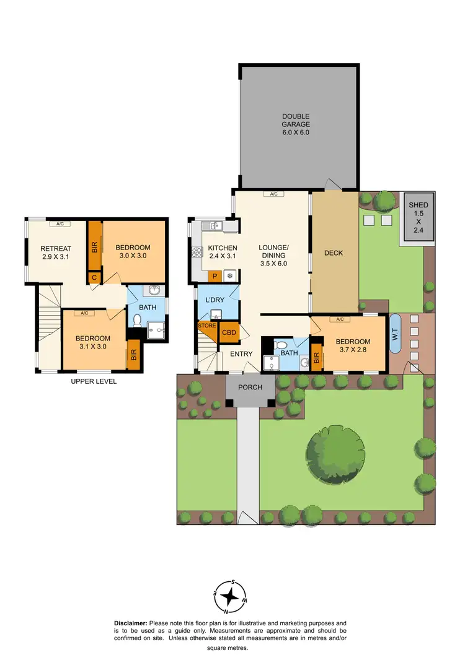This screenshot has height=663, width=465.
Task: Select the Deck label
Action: (x=334, y=253)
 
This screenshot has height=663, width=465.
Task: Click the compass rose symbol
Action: (x=231, y=596)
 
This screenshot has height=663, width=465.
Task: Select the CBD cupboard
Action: (x=229, y=333)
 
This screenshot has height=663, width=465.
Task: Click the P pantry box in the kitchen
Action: (x=215, y=276)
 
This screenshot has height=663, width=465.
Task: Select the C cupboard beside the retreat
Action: (x=94, y=277)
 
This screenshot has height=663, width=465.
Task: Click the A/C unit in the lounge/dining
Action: (x=273, y=194)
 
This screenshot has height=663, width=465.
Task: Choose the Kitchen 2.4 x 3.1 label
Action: (x=222, y=252)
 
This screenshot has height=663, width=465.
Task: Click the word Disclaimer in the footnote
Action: (x=131, y=623)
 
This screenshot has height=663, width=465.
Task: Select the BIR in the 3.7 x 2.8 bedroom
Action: (x=317, y=357)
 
